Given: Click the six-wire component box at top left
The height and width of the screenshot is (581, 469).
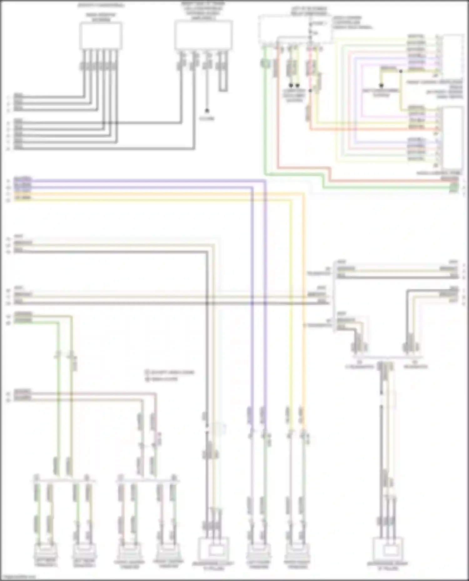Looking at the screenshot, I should [100, 36].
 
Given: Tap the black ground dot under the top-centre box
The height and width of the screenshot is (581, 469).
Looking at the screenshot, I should [207, 111].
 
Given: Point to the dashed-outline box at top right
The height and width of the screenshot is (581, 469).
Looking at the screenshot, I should [294, 30].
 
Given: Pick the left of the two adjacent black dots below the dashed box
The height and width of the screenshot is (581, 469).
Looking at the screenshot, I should [291, 85].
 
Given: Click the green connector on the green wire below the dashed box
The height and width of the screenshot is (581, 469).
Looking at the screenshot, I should [265, 64].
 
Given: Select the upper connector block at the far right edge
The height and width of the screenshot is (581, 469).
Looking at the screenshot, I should [453, 55].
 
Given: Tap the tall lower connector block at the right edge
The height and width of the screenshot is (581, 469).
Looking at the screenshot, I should [453, 137].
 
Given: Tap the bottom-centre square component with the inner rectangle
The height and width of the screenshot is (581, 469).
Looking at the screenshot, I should [214, 549].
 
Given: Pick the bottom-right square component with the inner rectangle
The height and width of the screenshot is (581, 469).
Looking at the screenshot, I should [388, 549].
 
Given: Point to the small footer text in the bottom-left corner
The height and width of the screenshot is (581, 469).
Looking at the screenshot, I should [19, 577].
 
